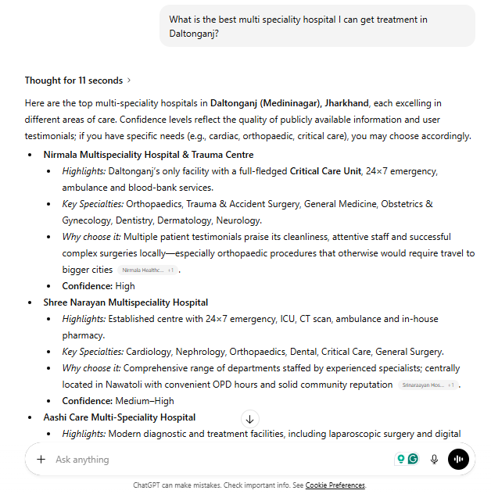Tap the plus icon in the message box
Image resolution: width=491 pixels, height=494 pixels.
point(41,460)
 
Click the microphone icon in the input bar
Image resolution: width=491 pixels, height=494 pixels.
point(434,460)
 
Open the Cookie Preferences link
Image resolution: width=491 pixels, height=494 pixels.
point(335,485)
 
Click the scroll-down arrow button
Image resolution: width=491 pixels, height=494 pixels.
point(249,419)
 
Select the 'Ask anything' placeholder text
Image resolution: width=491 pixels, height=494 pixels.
point(82,460)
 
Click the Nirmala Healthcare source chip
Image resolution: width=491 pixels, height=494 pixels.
point(148,270)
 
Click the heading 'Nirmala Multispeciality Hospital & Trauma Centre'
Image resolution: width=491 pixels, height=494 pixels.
point(149,155)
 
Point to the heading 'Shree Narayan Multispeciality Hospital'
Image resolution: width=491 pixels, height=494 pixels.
point(126,302)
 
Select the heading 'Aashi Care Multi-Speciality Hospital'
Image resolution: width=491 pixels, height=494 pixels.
point(120,417)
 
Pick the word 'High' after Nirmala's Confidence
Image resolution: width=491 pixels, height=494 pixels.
point(125,286)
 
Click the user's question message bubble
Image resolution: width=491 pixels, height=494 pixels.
point(317,26)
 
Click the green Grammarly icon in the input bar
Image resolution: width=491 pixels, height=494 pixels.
point(413,460)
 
